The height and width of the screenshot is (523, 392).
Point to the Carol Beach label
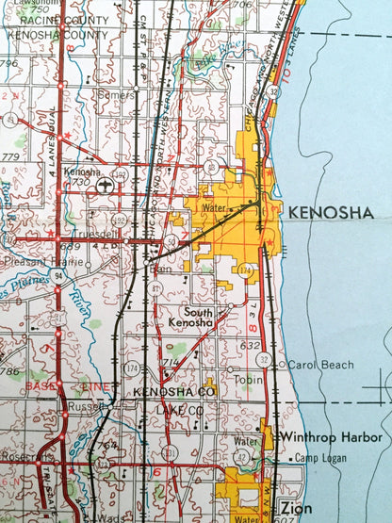coord(321,365)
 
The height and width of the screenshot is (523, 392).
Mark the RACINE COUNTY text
coord(43,19)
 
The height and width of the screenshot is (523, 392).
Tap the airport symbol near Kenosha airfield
coord(104,185)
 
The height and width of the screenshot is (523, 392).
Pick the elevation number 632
coord(250,346)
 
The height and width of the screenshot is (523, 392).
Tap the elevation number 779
coord(11,155)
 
